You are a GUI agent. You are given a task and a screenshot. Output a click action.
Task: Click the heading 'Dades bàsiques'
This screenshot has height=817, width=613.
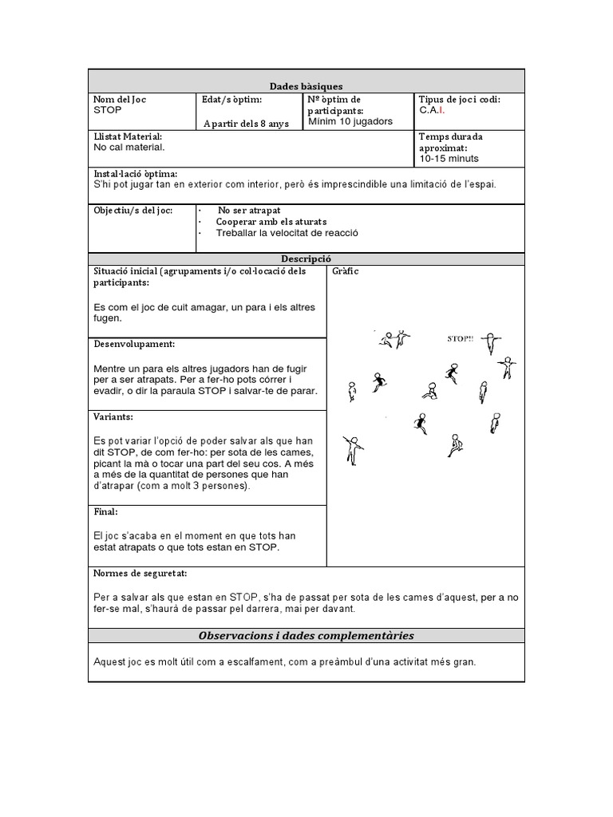[x=306, y=86]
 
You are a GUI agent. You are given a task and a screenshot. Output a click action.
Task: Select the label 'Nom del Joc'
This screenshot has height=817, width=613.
[x=120, y=100]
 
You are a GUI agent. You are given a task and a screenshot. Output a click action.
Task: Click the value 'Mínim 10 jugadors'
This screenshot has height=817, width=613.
[x=350, y=121]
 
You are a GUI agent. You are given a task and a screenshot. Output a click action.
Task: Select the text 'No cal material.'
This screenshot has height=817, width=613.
[x=129, y=148]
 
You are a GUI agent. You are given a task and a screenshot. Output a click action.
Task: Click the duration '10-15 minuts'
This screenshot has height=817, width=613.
[x=449, y=159]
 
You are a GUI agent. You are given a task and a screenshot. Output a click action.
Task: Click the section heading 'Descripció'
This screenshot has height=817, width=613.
[x=306, y=259]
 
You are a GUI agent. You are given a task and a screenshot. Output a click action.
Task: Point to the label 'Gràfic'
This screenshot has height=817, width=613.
[x=345, y=271]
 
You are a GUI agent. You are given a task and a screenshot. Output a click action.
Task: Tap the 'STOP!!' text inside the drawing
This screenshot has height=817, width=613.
[x=460, y=338]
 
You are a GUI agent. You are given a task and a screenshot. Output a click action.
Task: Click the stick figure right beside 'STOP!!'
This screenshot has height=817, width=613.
[x=495, y=341]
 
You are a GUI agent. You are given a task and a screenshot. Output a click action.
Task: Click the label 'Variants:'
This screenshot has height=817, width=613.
[x=113, y=417]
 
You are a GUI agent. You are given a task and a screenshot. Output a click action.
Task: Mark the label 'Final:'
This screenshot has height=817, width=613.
[x=106, y=511]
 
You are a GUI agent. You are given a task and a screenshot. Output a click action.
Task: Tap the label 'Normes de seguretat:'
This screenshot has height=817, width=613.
[x=140, y=574]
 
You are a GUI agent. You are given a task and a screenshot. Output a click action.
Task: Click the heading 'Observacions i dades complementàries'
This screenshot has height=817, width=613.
[x=306, y=635]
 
